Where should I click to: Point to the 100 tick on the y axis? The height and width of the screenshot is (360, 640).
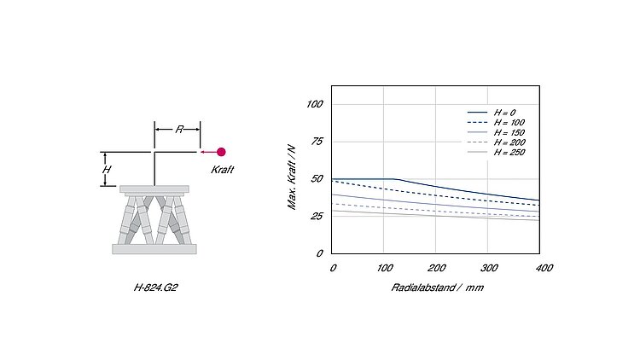click(x=314, y=104)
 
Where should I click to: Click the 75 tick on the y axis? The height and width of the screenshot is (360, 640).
click(x=317, y=142)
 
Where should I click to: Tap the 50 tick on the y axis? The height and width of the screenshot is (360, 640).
click(x=317, y=179)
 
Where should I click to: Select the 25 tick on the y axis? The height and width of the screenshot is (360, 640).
click(x=317, y=216)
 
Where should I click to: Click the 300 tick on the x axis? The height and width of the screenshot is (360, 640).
click(x=489, y=268)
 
